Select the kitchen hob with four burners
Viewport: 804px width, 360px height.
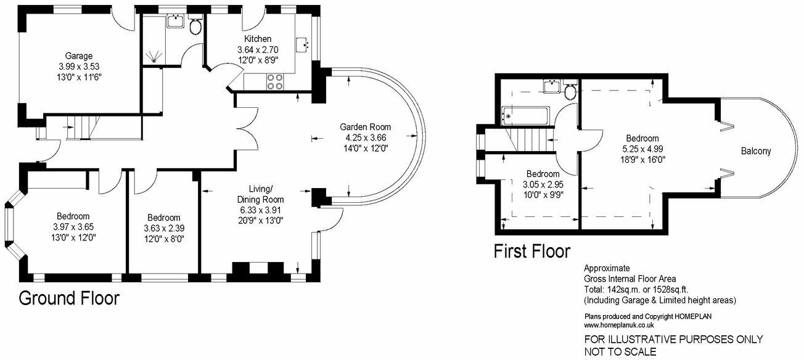[x=275, y=82]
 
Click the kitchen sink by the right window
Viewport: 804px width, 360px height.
[x=302, y=45]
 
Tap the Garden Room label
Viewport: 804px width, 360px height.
[x=366, y=128]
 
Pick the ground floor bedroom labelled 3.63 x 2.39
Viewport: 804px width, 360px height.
[x=163, y=228]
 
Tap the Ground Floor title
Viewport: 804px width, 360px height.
[x=68, y=298]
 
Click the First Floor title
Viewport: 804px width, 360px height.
[x=531, y=252]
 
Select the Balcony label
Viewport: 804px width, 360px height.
[x=756, y=151]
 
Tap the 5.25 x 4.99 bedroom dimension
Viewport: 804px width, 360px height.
[x=642, y=149]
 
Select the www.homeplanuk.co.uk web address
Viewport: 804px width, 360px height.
[x=619, y=325]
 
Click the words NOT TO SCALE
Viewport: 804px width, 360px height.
[x=621, y=352]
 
